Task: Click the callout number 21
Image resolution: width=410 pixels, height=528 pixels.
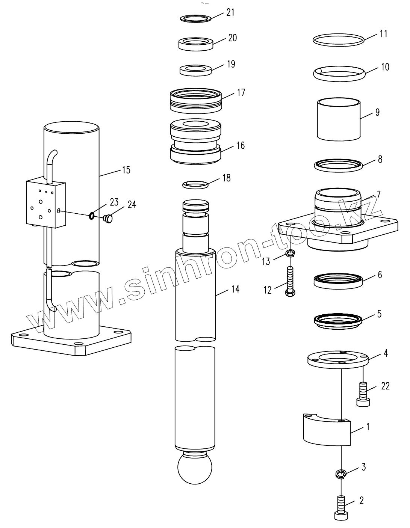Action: [230, 12]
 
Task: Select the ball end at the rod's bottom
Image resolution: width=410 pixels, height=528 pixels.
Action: [195, 468]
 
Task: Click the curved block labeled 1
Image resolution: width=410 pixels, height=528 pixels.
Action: [326, 430]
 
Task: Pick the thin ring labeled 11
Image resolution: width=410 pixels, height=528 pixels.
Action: [339, 40]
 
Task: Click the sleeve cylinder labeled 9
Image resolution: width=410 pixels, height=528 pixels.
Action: [339, 119]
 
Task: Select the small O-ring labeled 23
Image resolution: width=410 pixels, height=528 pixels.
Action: [91, 216]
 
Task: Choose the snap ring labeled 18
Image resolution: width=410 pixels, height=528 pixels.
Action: [195, 184]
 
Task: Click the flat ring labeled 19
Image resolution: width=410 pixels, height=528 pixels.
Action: [195, 70]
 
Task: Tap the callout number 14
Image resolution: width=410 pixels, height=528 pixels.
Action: [235, 289]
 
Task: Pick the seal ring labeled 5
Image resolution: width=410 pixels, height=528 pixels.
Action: [339, 321]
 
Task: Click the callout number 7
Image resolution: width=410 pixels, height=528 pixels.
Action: [378, 195]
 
